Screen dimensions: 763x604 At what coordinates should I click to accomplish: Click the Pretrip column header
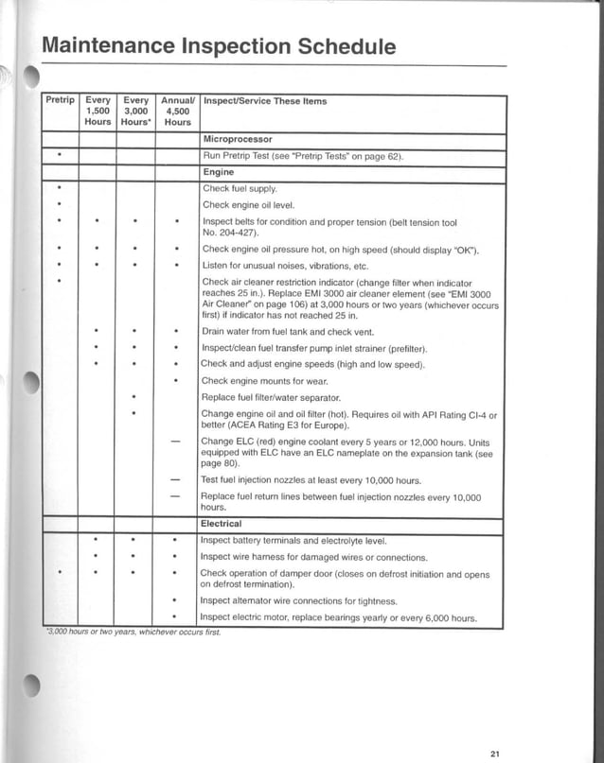point(60,100)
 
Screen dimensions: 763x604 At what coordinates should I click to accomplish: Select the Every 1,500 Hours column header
point(98,111)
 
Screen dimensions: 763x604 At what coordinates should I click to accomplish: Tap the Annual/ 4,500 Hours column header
point(177,111)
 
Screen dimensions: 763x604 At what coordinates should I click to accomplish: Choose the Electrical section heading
point(222,523)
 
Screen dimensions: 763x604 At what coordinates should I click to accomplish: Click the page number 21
point(495,753)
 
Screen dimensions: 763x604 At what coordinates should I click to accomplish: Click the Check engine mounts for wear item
point(266,381)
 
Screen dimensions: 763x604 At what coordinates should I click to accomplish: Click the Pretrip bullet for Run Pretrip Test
point(60,155)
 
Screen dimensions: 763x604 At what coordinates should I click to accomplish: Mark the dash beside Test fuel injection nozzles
point(175,480)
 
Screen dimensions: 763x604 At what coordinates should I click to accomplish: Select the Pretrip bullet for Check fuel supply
point(60,189)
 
